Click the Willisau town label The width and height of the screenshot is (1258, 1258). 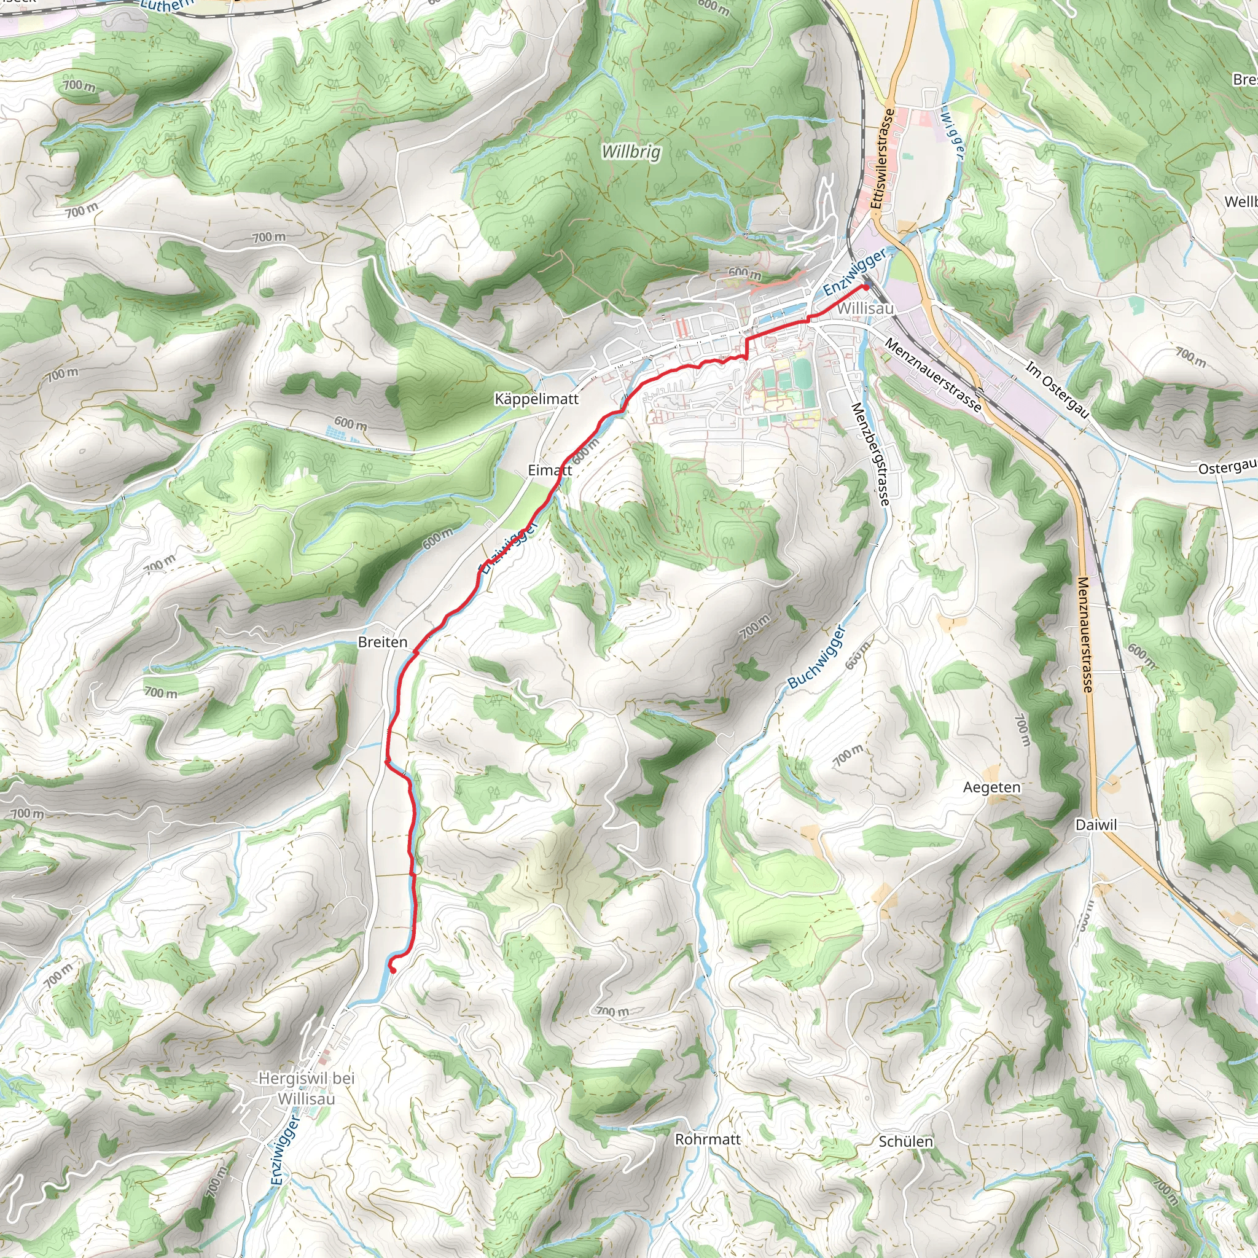tap(865, 308)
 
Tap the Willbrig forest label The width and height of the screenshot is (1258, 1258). tap(630, 152)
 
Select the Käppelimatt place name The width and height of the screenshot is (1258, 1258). tap(536, 399)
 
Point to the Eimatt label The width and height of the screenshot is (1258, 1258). tap(550, 469)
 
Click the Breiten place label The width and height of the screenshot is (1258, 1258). tap(382, 642)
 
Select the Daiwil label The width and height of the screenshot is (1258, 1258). tap(1096, 825)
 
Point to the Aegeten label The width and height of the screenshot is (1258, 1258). tap(991, 787)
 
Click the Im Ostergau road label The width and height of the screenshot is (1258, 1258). tap(1057, 389)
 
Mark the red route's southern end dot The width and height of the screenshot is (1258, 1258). tap(393, 969)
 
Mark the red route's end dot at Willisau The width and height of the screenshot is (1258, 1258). tap(865, 286)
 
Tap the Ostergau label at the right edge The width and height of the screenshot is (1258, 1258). tap(1227, 467)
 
